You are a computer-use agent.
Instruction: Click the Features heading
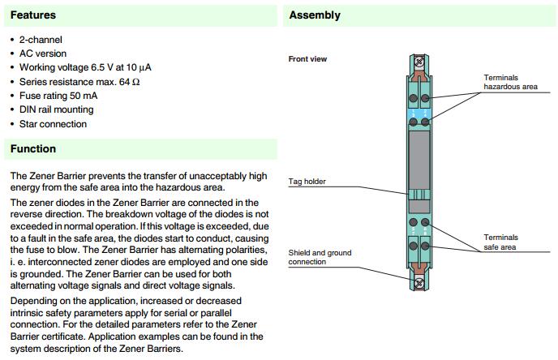coord(32,15)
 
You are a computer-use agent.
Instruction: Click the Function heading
coord(33,149)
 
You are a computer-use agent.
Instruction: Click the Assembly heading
coord(315,15)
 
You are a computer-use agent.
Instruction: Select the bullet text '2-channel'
coord(41,40)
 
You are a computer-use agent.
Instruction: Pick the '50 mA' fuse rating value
coord(88,96)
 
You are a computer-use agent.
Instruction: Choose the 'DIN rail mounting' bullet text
coord(57,109)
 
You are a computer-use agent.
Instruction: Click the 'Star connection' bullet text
coord(53,124)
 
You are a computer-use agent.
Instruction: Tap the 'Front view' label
coord(307,59)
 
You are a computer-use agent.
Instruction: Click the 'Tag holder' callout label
coord(307,182)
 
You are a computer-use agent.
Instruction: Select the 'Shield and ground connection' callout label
coord(320,257)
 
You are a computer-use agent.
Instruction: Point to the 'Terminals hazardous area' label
coord(510,81)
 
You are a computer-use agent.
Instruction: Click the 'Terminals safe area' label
coord(500,242)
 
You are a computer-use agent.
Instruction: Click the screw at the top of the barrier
coord(419,60)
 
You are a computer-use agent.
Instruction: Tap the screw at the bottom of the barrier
coord(419,283)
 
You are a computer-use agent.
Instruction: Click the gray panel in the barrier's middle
coord(419,160)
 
